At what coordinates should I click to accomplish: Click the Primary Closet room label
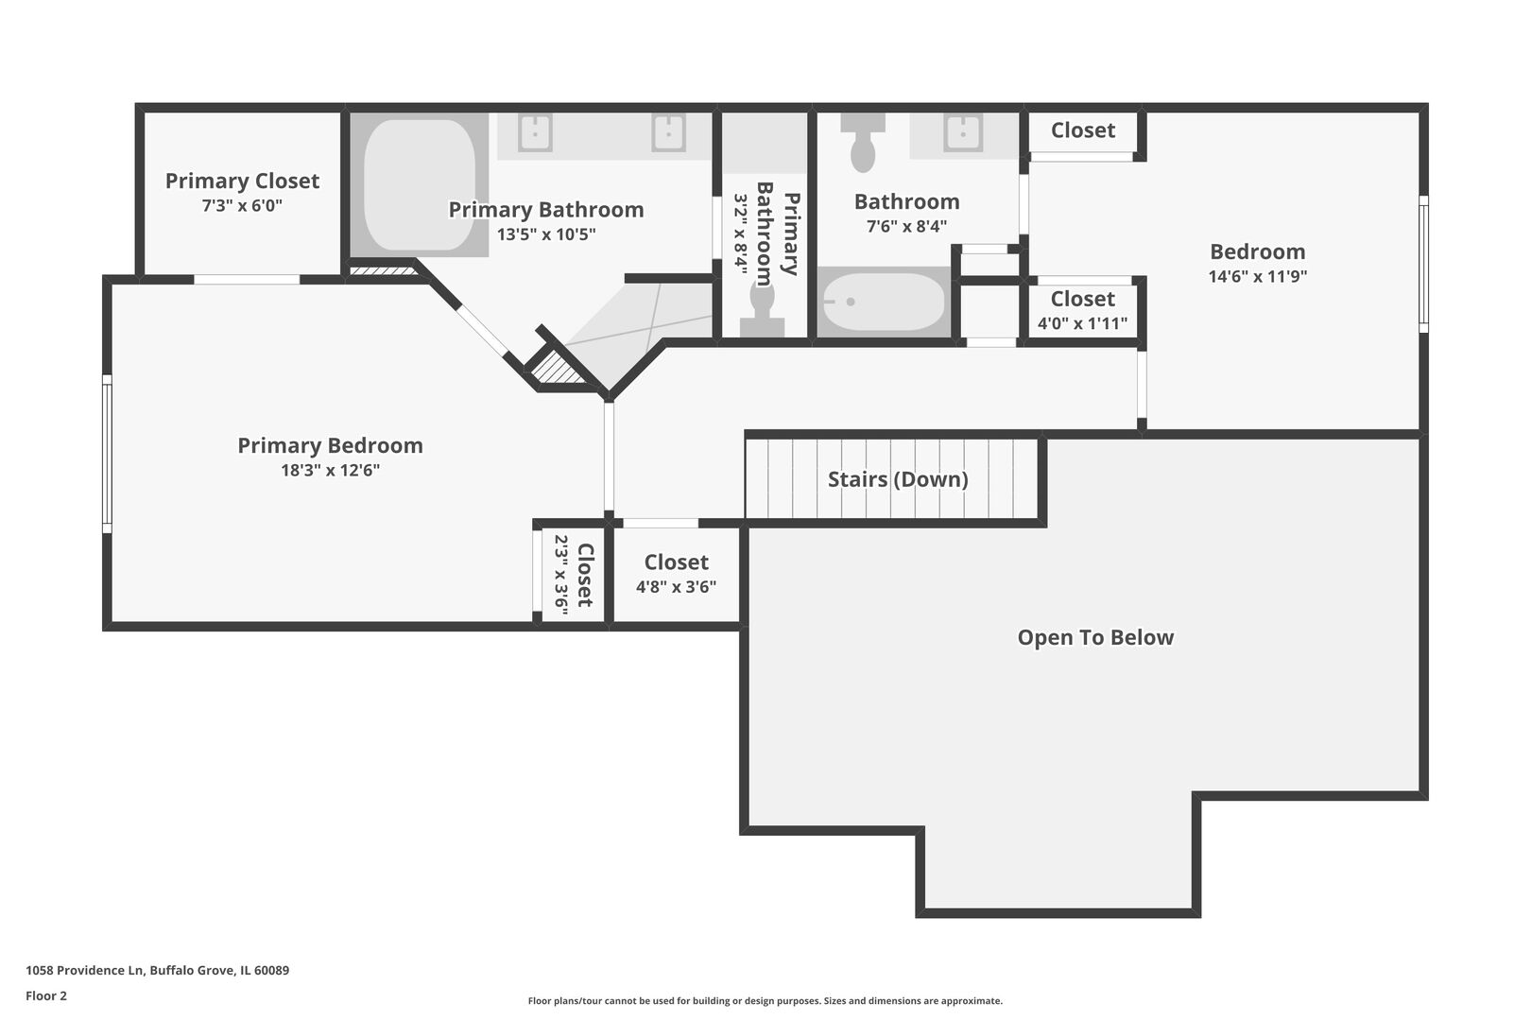242,181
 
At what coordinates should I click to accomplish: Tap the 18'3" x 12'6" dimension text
330,471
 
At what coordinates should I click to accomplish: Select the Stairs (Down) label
898,479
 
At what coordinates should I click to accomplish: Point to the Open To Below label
1095,637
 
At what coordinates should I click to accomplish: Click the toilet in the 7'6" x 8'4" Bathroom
863,143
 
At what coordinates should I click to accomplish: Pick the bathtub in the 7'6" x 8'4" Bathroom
884,302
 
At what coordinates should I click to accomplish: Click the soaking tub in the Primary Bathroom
419,184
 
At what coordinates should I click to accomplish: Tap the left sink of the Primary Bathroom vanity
535,132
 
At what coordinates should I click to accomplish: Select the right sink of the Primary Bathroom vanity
668,132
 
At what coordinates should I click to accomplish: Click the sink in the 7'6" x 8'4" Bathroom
963,132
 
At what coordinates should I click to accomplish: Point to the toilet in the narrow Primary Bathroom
762,308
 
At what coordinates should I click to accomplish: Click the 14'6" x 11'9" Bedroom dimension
1258,277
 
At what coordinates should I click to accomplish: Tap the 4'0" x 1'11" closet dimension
1083,323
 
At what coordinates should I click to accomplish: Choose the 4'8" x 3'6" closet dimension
676,587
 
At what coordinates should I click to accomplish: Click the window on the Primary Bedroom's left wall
108,454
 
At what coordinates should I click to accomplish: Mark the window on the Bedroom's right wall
1423,264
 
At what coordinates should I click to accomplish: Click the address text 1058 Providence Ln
85,970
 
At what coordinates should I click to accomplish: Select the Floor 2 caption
46,995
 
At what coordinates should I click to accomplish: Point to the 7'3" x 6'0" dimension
242,206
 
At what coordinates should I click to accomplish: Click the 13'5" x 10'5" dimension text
546,234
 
